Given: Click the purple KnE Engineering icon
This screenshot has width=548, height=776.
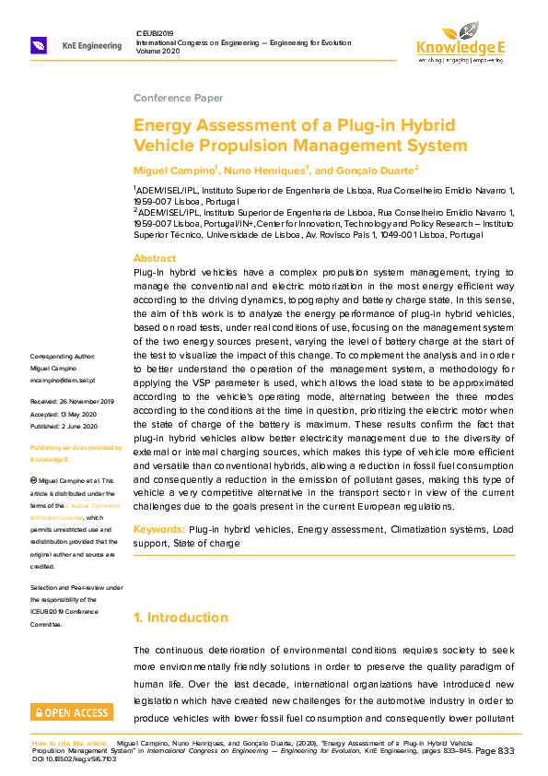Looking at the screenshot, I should pos(40,45).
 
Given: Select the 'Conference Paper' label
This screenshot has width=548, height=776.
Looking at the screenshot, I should pos(178,98).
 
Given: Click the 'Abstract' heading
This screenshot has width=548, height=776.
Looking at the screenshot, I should pos(154,259).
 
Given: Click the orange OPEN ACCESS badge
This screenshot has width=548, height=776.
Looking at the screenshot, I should pos(72,712).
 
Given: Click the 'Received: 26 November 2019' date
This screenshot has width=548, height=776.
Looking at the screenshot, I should pos(72,402).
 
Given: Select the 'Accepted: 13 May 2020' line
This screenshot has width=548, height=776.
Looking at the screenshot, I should pos(64,415).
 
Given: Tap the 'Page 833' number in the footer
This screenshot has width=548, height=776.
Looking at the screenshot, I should pos(495,750).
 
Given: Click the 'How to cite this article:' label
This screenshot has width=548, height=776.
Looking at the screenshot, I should pos(72,742).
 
